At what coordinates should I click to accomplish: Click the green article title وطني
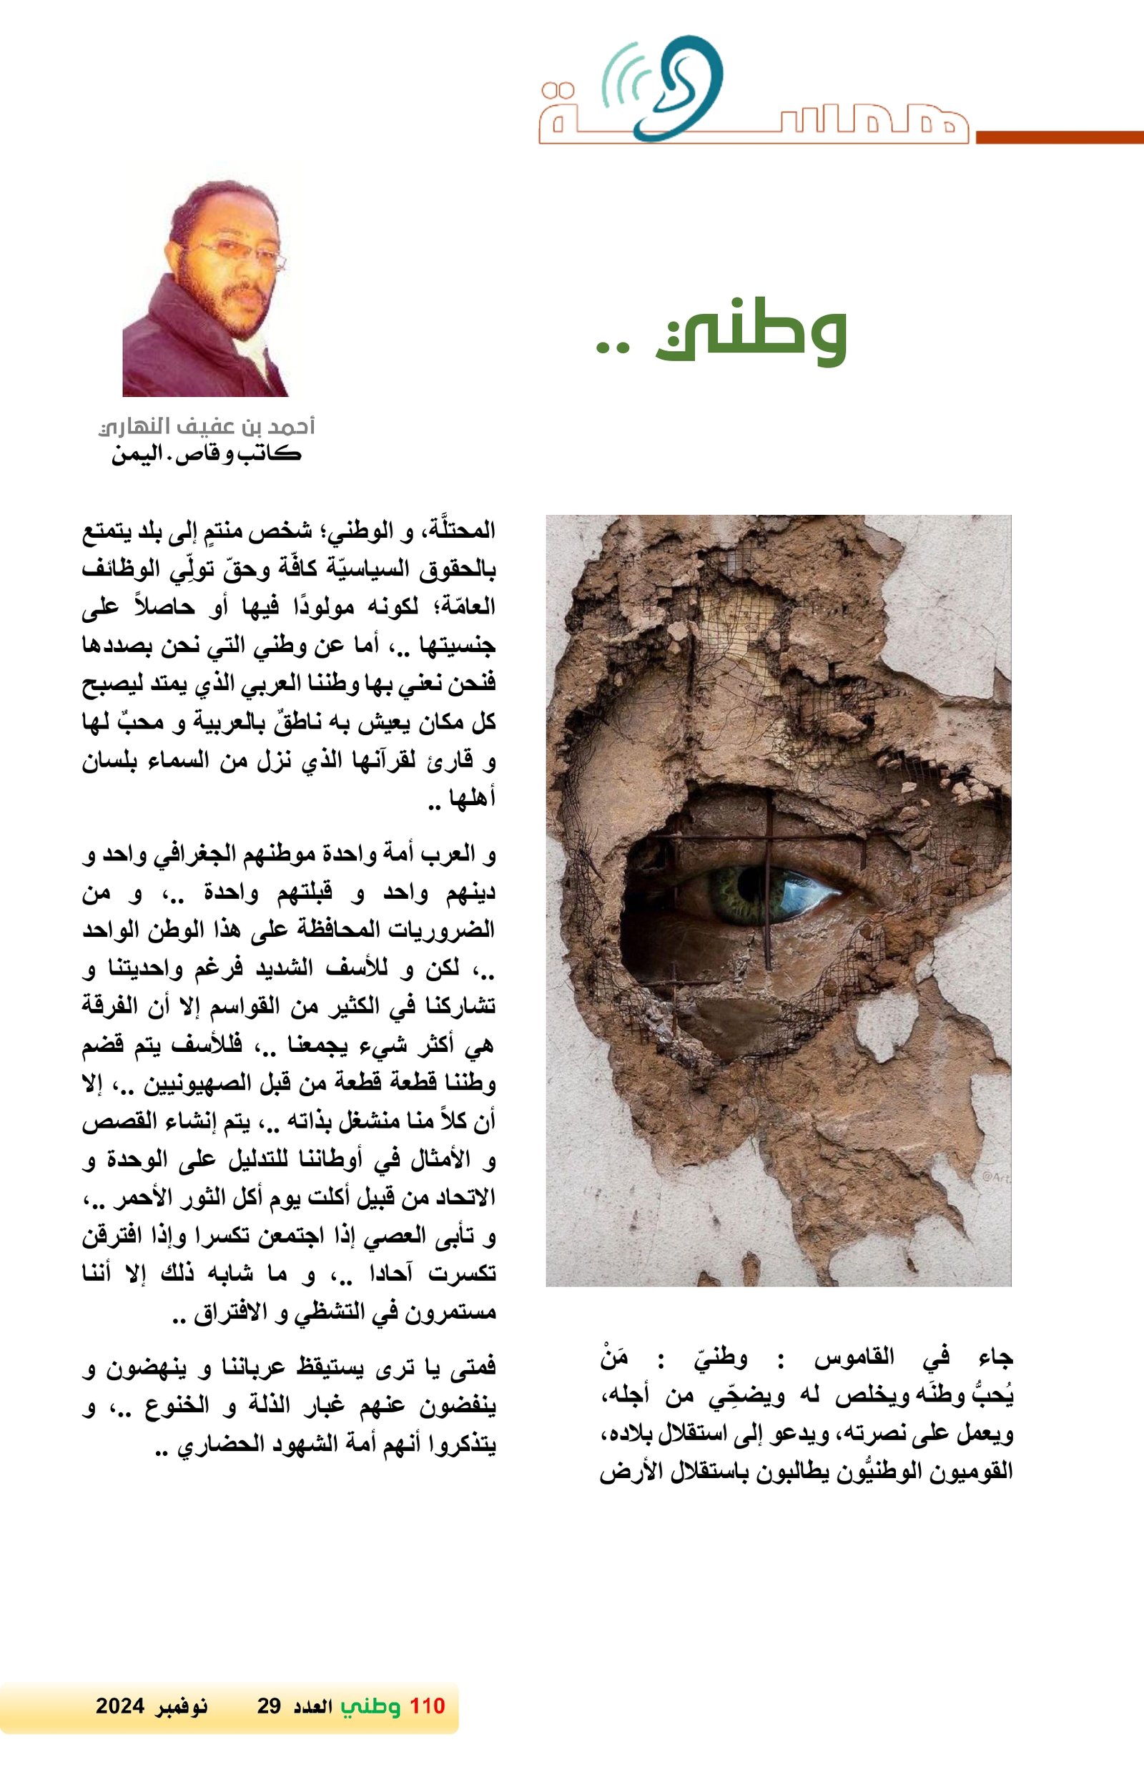[751, 332]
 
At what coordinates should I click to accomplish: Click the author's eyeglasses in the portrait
[236, 252]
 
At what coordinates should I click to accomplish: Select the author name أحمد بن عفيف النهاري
[207, 426]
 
